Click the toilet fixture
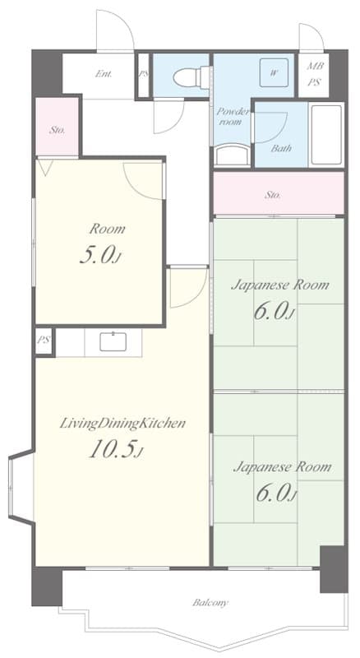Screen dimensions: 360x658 [x=192, y=77]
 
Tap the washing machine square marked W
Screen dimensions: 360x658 [x=274, y=72]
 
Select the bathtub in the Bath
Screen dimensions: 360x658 [x=326, y=135]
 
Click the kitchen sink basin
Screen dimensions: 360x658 [x=113, y=341]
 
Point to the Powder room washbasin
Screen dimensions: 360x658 [x=233, y=155]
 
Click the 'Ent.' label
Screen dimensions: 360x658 [x=104, y=74]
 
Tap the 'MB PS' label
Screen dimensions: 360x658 [x=313, y=74]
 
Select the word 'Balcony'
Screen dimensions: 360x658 [x=210, y=603]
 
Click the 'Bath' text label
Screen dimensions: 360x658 [x=281, y=148]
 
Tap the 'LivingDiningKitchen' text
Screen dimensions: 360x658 [x=122, y=424]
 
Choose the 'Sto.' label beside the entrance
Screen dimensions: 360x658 [x=57, y=130]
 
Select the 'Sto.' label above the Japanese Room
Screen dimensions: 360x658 [x=273, y=195]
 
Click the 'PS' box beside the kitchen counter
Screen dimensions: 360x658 [x=44, y=341]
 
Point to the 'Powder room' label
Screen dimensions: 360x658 [x=230, y=117]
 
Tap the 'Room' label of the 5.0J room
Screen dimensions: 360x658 [x=107, y=229]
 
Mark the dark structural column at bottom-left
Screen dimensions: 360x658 [x=47, y=586]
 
